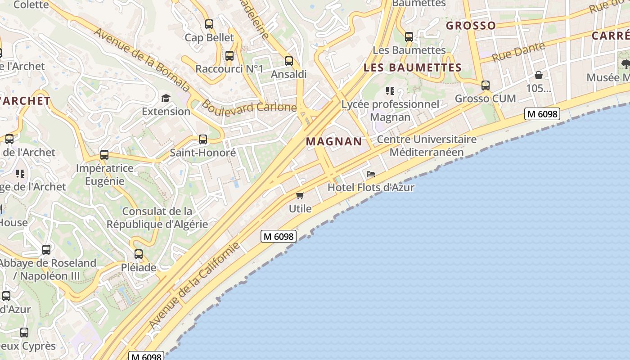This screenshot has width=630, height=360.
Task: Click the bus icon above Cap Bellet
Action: (209, 24)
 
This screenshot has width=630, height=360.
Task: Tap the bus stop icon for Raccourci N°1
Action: (229, 56)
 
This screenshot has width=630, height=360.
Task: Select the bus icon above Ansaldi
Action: (289, 61)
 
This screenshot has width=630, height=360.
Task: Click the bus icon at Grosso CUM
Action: (485, 85)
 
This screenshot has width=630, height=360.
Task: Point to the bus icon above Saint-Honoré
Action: (203, 139)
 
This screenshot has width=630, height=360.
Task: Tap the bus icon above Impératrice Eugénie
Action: (104, 155)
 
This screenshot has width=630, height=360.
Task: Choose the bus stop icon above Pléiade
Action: (139, 254)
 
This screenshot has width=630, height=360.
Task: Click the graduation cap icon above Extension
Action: (166, 98)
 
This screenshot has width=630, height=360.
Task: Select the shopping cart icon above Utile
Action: (300, 195)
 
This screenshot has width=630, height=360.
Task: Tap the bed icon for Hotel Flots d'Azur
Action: (371, 174)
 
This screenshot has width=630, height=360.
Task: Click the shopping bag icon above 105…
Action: (538, 75)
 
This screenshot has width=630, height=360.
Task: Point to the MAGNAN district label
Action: (334, 141)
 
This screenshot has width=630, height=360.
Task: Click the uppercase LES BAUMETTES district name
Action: (412, 68)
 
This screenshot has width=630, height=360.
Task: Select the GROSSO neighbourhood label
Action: (471, 26)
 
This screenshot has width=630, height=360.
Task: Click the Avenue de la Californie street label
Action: (194, 285)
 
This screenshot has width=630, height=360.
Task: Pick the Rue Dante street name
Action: (518, 52)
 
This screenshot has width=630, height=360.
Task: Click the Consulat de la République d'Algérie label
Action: (157, 218)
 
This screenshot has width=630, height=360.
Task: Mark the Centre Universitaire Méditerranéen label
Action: (426, 146)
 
